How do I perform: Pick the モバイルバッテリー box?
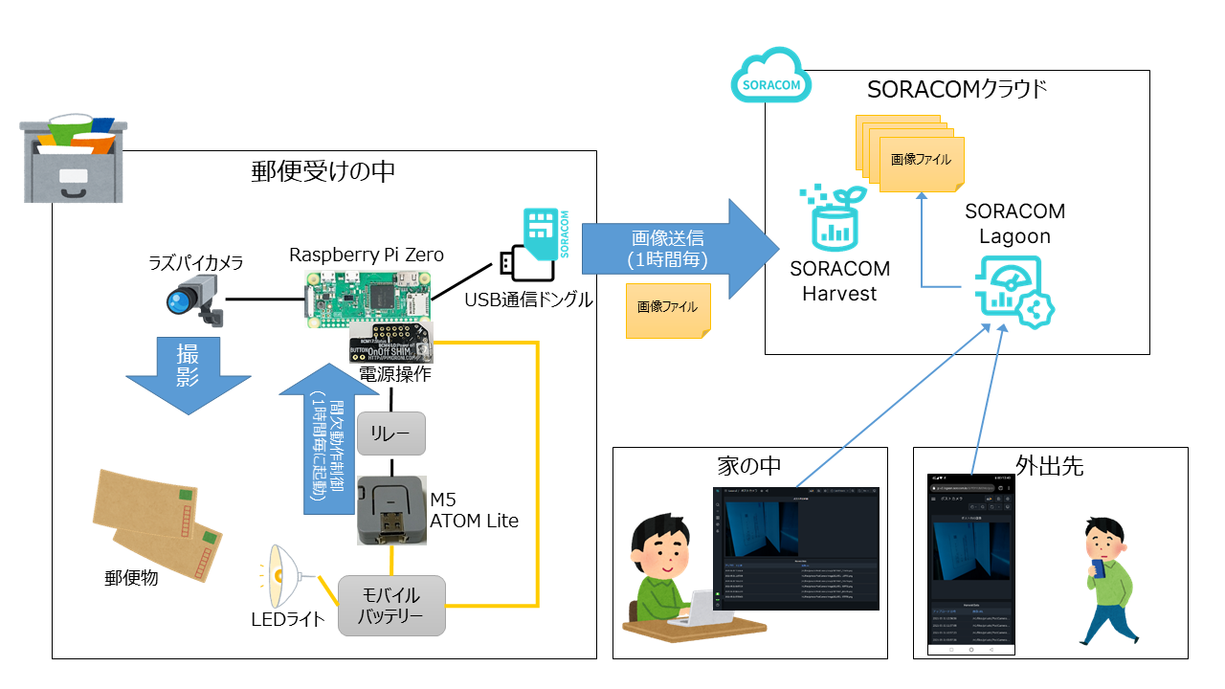390,605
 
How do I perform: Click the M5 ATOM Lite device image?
390,510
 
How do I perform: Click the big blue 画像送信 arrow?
679,249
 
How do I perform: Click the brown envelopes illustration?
158,526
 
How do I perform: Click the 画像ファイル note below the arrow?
668,309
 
